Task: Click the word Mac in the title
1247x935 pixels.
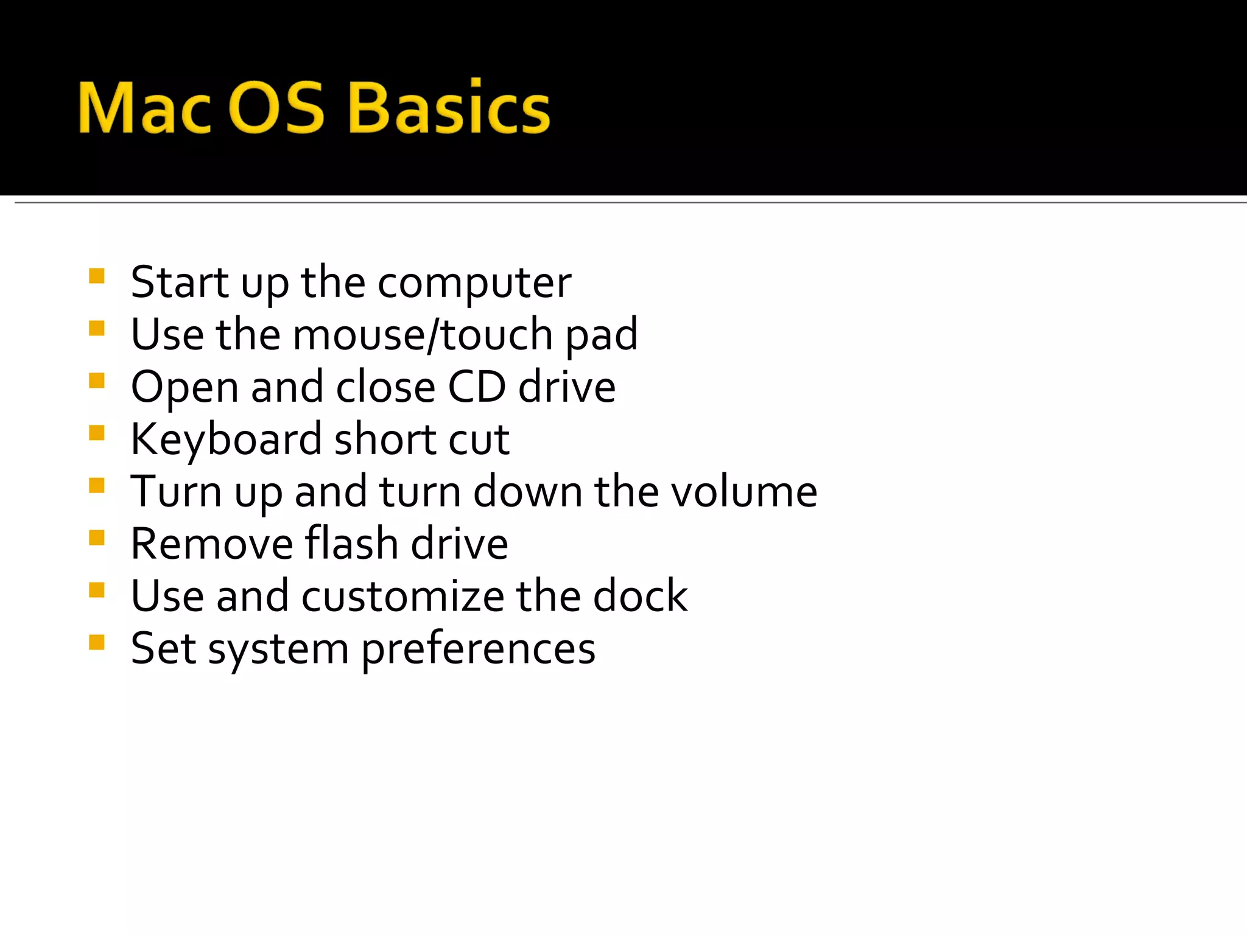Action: pyautogui.click(x=144, y=108)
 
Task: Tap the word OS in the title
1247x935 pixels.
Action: pyautogui.click(x=278, y=108)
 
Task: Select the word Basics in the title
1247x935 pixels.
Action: pyautogui.click(x=449, y=108)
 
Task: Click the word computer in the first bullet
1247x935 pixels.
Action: pyautogui.click(x=474, y=283)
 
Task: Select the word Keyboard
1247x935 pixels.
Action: pyautogui.click(x=226, y=439)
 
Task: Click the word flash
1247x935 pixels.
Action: pyautogui.click(x=351, y=544)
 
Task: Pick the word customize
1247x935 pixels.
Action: pyautogui.click(x=402, y=596)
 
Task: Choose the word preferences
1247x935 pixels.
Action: pyautogui.click(x=479, y=649)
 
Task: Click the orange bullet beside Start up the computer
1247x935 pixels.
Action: pyautogui.click(x=97, y=277)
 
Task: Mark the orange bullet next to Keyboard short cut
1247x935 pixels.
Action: pyautogui.click(x=97, y=433)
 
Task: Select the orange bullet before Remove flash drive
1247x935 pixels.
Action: pyautogui.click(x=97, y=538)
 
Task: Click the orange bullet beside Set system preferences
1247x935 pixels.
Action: pyautogui.click(x=97, y=643)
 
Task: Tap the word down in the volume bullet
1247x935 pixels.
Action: pyautogui.click(x=527, y=492)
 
